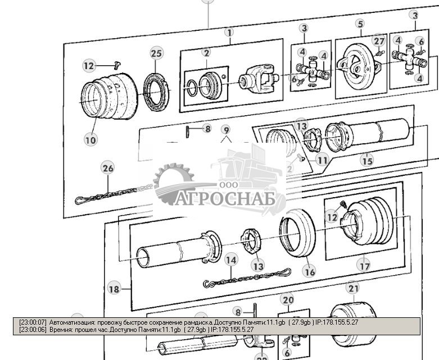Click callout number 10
tap(90, 139)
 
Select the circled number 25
tap(156, 54)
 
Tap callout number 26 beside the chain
tap(107, 168)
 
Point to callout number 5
tap(360, 24)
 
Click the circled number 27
tap(379, 40)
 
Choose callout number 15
tap(366, 161)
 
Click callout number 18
tap(114, 289)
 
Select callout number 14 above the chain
tap(231, 259)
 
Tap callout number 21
tap(352, 289)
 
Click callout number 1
tap(229, 33)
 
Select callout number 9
tap(225, 130)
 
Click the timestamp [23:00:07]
tap(33, 322)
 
